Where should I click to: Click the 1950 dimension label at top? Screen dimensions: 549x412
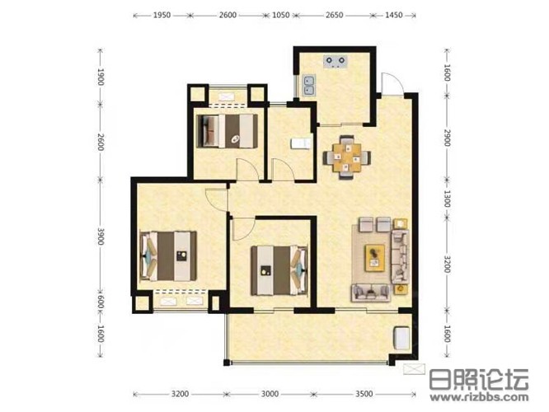point(162,15)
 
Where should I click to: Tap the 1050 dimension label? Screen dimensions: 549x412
point(281,15)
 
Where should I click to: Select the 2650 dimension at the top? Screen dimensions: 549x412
point(335,15)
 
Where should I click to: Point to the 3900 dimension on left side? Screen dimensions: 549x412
point(101,236)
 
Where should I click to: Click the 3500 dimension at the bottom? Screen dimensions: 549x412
point(364,394)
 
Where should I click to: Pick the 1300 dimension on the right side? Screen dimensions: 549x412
point(447,199)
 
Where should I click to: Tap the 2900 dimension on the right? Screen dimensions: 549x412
point(447,138)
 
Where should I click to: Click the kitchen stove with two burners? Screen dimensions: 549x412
point(335,62)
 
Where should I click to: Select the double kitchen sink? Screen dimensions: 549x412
point(309,86)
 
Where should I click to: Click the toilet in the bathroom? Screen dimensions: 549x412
point(301,143)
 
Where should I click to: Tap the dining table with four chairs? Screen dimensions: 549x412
point(346,157)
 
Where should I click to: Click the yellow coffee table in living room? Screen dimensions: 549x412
point(374,258)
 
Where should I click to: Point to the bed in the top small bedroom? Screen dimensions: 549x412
point(228,131)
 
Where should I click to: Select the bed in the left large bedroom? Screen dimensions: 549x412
point(168,256)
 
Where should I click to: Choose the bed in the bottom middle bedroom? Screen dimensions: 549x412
point(279,270)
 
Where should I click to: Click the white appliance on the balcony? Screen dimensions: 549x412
point(401,338)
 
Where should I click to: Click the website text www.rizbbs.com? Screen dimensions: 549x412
point(479,397)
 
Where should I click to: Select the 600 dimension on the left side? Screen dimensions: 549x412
point(101,302)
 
